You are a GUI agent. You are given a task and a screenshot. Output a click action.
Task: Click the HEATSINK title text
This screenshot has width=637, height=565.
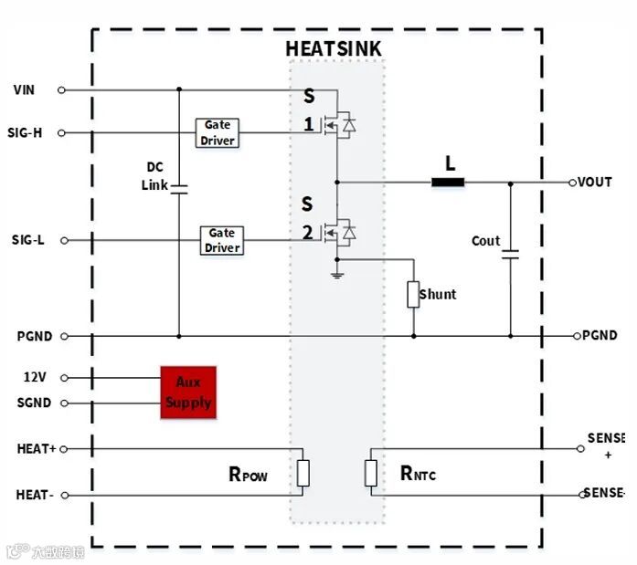(x=333, y=48)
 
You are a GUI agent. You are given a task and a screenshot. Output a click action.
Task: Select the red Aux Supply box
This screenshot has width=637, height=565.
(x=188, y=392)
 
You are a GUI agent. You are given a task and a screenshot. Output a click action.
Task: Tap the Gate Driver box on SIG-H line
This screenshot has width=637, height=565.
(x=218, y=132)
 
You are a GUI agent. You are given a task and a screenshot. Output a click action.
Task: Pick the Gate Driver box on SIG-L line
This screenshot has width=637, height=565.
(x=222, y=240)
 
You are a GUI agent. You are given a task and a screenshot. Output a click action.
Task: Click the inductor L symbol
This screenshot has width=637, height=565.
(x=448, y=182)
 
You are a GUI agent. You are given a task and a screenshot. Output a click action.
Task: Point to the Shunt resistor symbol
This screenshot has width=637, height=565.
(x=413, y=295)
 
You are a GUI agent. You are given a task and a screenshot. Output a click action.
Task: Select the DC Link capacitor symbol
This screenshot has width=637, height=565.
(x=179, y=189)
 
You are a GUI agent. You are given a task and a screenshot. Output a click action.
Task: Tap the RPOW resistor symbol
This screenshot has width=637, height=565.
(x=303, y=473)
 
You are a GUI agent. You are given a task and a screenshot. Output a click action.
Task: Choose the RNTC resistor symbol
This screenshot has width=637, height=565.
(x=371, y=473)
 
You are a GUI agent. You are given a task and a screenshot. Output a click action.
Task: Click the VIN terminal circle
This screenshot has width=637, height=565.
(x=61, y=89)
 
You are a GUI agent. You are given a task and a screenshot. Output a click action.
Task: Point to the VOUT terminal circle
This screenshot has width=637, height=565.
(x=573, y=183)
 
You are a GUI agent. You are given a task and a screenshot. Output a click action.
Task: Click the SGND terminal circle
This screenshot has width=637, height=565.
(x=62, y=403)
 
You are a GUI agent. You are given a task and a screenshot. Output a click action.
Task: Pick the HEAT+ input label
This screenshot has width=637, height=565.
(x=36, y=449)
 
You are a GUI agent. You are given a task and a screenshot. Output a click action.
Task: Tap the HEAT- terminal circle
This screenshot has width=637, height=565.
(x=62, y=496)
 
